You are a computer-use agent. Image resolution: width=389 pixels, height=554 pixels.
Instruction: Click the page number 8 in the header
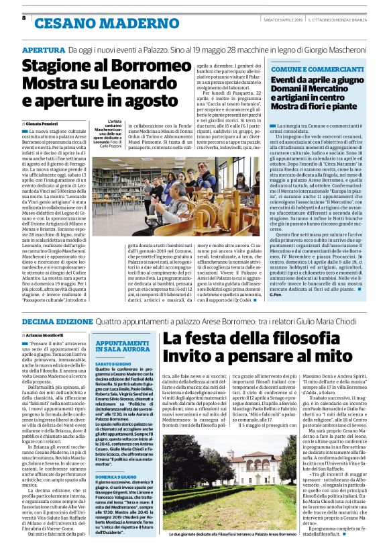24,17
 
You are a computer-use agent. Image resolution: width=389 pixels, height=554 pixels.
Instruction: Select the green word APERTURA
44,50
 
